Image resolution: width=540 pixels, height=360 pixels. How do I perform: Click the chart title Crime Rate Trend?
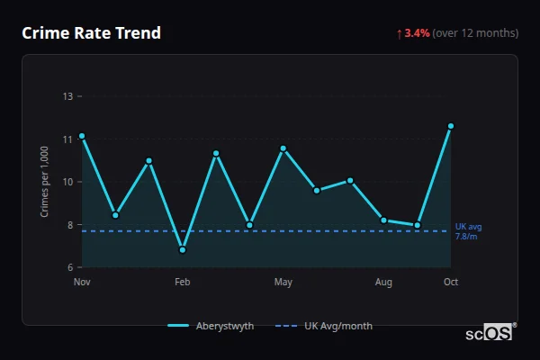91,33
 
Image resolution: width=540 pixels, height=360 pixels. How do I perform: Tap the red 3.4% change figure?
417,33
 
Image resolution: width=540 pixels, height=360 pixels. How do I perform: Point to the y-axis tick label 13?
67,96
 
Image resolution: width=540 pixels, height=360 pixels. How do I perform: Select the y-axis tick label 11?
67,139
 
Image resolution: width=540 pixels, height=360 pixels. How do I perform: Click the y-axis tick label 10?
67,182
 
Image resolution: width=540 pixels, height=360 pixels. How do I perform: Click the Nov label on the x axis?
82,283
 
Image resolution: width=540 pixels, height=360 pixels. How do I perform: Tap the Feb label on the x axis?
182,283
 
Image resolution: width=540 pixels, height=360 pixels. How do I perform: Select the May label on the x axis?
283,283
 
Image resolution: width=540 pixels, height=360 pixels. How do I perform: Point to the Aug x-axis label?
383,283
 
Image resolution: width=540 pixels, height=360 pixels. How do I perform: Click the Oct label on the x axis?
451,283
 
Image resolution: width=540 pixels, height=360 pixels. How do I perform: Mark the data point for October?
451,126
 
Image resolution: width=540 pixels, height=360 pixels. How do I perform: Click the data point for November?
82,136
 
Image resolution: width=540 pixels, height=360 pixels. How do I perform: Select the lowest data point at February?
183,250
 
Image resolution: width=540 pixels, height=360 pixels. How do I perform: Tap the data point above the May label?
283,148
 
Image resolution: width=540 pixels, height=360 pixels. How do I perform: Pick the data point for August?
383,220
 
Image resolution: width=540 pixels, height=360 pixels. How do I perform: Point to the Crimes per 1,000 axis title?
45,183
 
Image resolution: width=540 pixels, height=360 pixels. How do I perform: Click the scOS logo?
490,333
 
